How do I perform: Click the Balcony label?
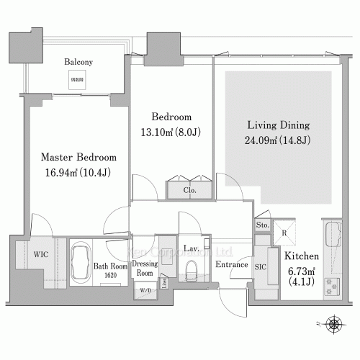(x=78, y=62)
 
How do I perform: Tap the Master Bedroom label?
(x=78, y=157)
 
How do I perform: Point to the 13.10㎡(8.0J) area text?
(x=171, y=132)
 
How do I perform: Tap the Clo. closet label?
(x=190, y=191)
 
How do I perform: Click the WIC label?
(x=40, y=254)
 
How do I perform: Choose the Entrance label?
(x=232, y=264)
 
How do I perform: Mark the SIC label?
(x=261, y=266)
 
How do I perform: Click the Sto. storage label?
(x=264, y=225)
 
